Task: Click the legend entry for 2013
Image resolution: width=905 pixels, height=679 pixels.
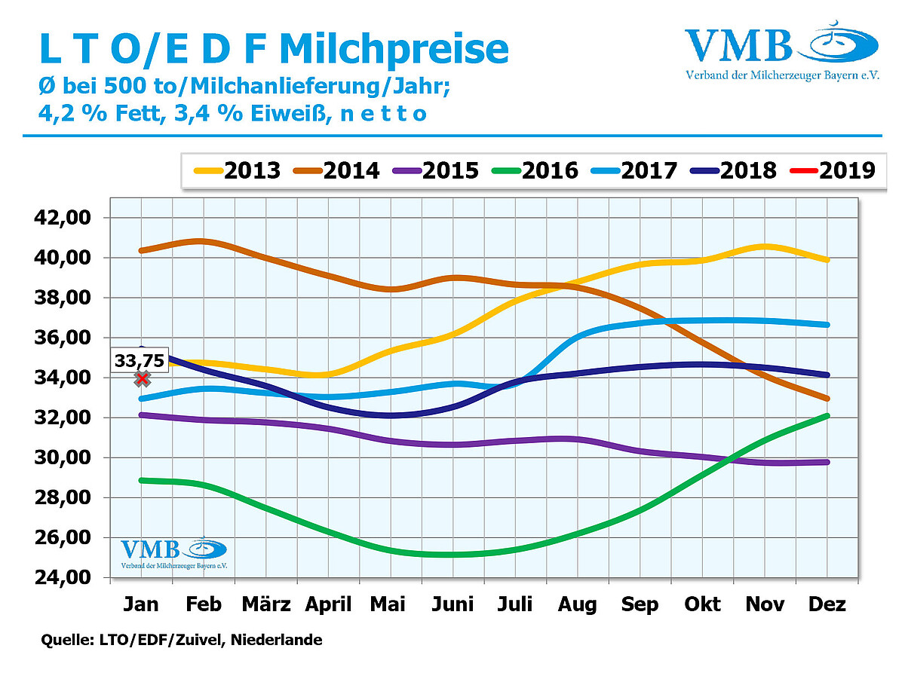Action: point(235,170)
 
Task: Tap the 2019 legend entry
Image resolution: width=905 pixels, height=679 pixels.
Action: point(830,170)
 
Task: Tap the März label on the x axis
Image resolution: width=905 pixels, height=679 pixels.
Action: point(265,604)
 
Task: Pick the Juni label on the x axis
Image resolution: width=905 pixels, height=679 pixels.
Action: point(452,604)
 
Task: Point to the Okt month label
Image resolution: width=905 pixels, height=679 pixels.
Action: point(701,604)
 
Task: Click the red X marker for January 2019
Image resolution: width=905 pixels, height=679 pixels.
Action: point(142,378)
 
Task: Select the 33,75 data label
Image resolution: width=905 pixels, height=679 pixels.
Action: point(140,360)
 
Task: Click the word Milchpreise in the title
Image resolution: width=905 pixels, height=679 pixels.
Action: point(392,49)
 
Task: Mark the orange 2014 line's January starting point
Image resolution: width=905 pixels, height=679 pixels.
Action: point(141,250)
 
